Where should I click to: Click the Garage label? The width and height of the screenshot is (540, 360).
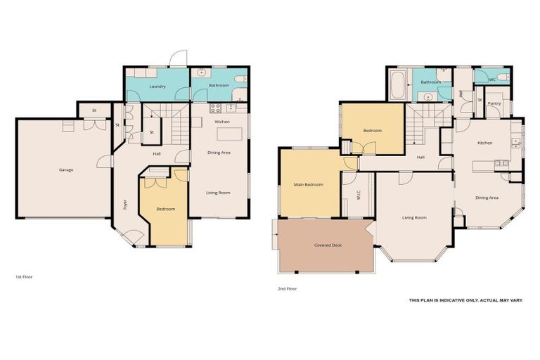point(66,169)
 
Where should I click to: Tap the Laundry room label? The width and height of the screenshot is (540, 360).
point(157,86)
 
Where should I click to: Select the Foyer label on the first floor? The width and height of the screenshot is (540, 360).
point(125,205)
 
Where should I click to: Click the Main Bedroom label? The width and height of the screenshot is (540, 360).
point(309,184)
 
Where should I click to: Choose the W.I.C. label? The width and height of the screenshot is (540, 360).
point(359,197)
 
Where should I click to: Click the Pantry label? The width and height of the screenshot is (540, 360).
point(495,103)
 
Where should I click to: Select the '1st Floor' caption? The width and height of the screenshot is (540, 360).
point(24,277)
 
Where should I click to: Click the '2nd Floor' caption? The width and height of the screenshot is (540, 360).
point(287,288)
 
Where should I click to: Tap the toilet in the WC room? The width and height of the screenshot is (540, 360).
point(503,75)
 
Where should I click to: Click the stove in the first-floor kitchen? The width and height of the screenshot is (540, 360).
point(215,108)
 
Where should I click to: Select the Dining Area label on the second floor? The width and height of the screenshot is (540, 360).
point(487,198)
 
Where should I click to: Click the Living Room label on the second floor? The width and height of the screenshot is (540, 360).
point(414,217)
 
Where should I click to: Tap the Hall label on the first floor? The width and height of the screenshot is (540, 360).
point(157,155)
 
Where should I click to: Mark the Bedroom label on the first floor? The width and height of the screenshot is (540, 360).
point(165,209)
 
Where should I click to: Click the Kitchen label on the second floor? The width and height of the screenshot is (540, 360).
point(484,143)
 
